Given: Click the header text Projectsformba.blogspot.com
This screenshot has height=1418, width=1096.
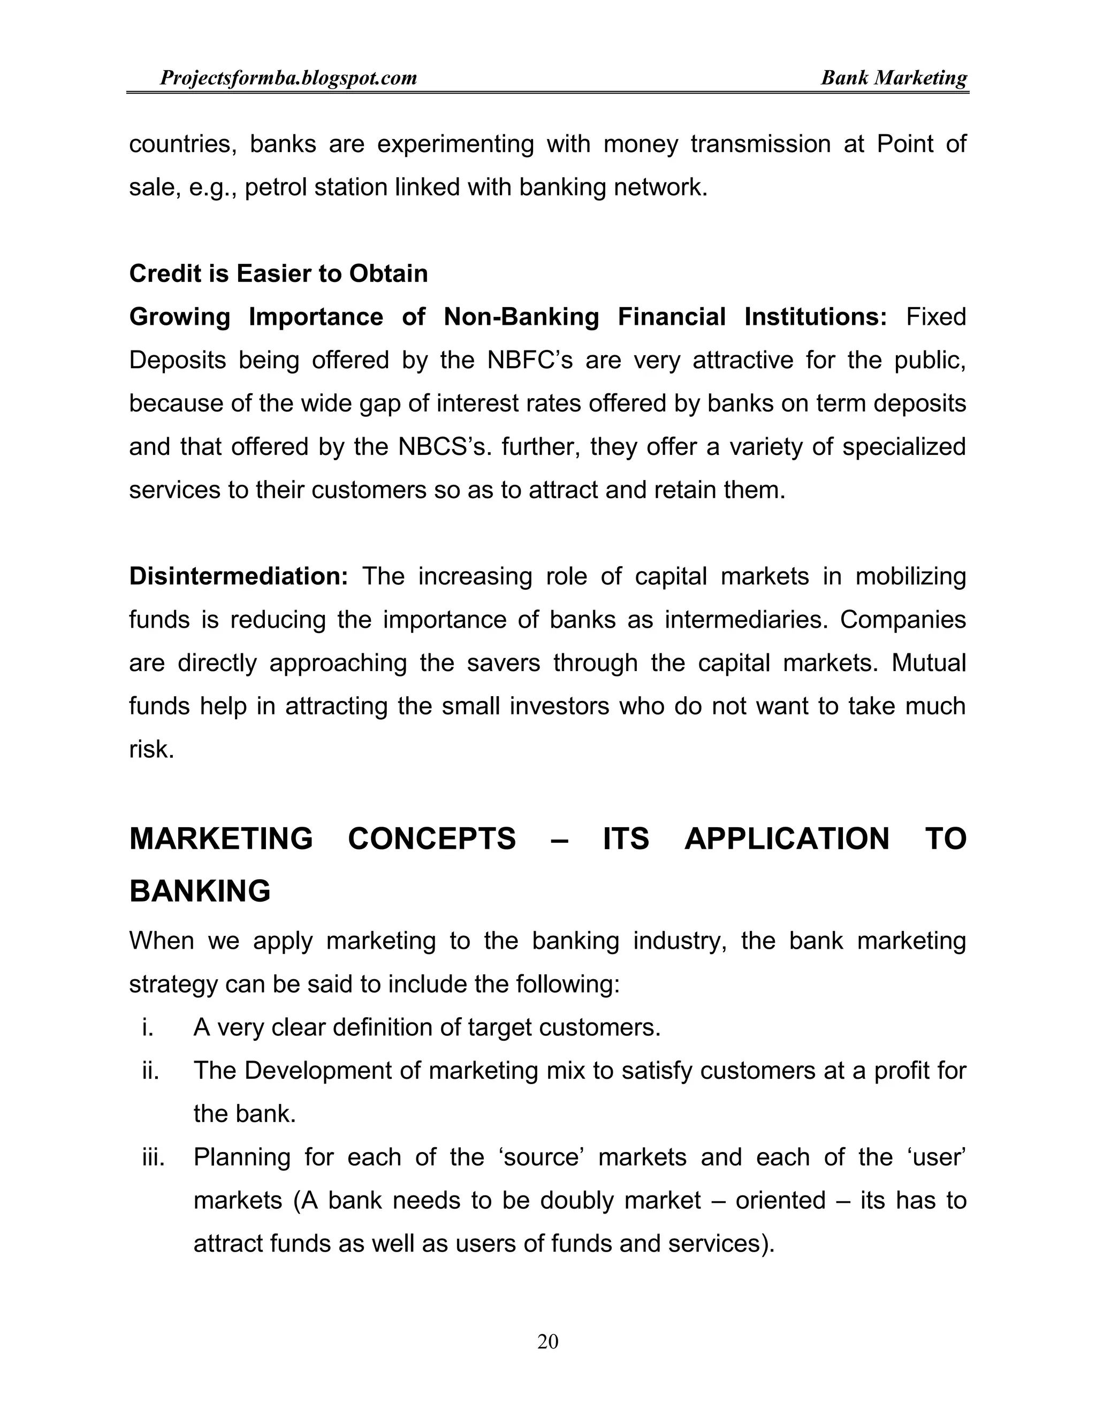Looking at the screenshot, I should [288, 79].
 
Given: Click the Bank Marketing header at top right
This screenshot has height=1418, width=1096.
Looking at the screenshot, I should [893, 79].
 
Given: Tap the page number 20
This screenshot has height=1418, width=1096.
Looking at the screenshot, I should [547, 1341].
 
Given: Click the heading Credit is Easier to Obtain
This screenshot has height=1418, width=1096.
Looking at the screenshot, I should [278, 273].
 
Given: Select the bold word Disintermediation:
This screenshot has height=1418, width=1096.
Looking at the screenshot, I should [239, 576].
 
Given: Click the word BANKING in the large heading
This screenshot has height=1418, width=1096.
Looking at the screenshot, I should [200, 891].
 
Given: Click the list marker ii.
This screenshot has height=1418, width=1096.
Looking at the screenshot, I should [150, 1071].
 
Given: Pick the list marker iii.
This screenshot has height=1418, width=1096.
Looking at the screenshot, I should [153, 1157].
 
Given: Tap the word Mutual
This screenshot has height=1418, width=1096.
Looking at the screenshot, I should [928, 663].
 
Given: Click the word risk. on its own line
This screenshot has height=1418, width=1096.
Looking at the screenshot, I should [151, 749].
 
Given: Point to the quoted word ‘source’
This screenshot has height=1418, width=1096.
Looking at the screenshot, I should [541, 1157].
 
